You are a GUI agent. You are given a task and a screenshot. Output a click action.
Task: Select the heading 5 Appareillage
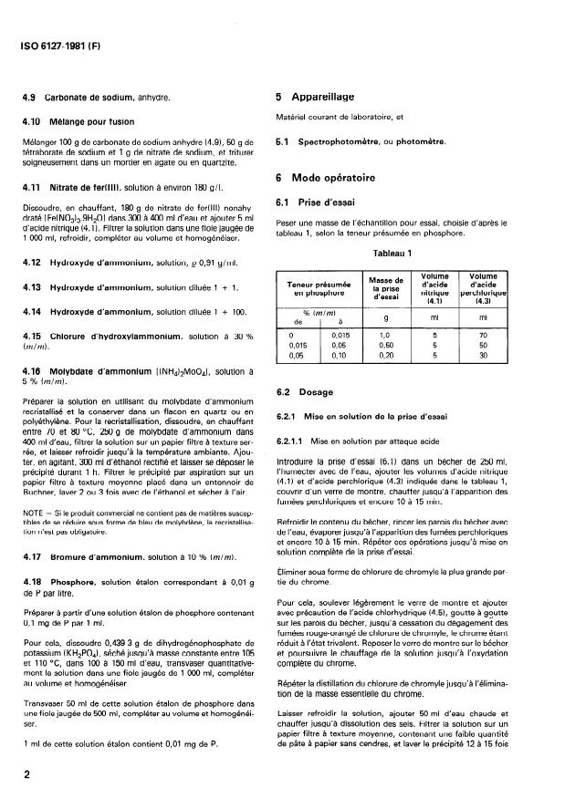point(315,96)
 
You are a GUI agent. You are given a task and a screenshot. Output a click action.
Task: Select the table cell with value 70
point(484,336)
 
